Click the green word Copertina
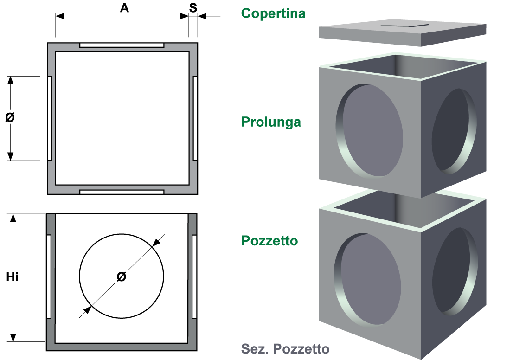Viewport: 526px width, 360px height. click(273, 13)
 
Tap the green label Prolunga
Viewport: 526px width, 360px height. click(271, 122)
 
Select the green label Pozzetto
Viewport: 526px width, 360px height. click(269, 241)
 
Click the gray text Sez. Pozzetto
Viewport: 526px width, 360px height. click(285, 349)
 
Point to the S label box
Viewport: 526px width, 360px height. click(193, 7)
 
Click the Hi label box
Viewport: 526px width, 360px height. click(12, 277)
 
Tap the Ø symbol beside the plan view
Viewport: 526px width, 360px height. click(10, 117)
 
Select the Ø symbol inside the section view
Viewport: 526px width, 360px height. click(121, 277)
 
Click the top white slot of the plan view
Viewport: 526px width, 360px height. click(122, 45)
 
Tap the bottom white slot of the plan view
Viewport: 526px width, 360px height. click(122, 192)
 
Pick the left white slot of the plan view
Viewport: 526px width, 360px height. click(50, 118)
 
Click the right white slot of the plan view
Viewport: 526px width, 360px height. click(195, 118)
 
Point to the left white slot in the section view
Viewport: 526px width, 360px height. click(49, 276)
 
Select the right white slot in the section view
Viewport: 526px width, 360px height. click(194, 276)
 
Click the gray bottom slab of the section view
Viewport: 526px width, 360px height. click(122, 347)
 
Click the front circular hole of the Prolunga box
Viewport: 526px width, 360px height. click(370, 130)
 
